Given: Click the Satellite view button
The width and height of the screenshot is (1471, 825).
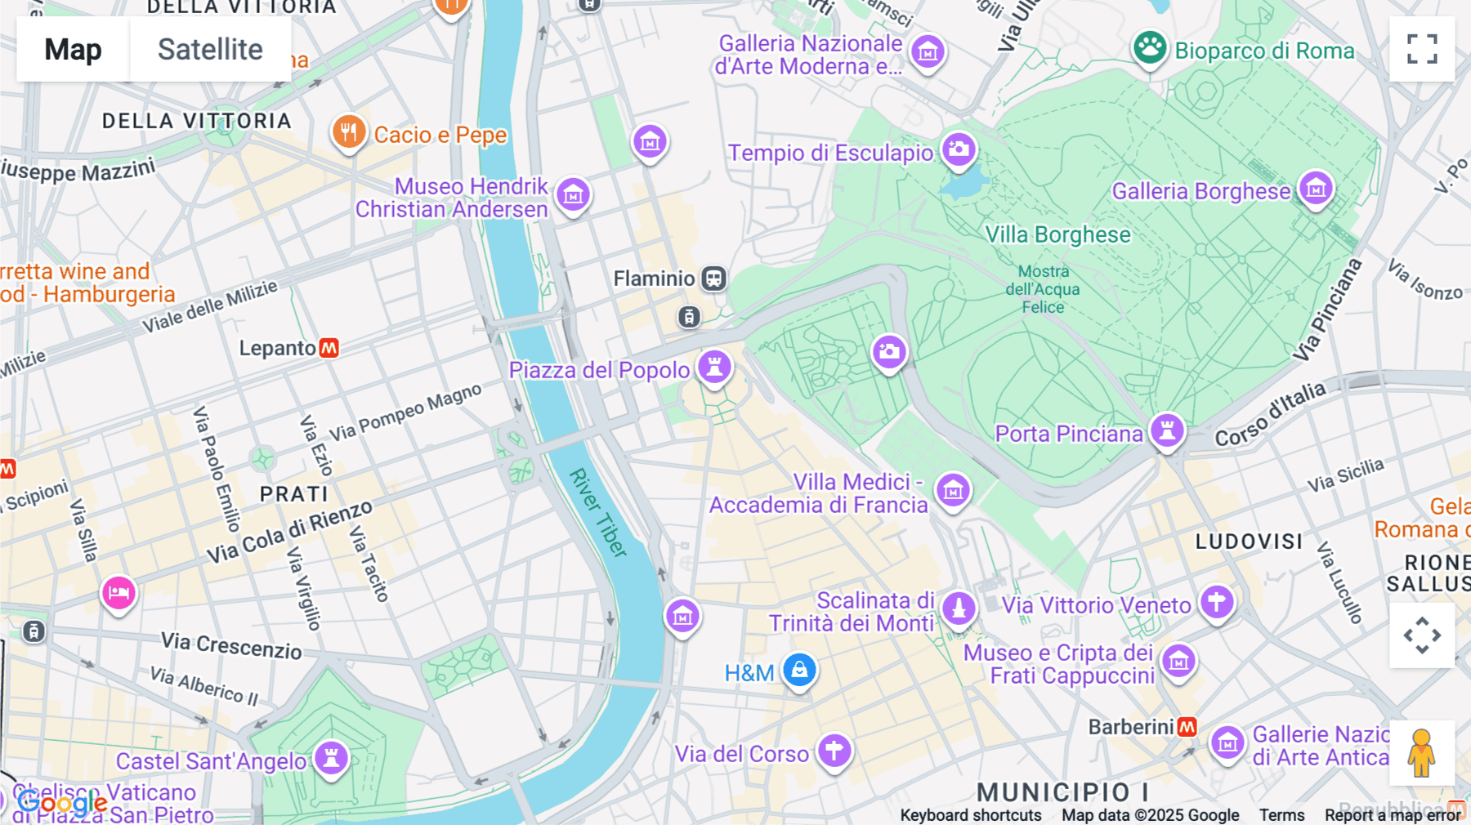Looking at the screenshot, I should (x=210, y=49).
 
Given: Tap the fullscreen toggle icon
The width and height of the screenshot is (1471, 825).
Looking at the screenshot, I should (x=1422, y=49).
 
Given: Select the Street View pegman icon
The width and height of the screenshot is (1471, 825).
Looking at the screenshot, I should (x=1422, y=752).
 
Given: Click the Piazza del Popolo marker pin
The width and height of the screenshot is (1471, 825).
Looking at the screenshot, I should (x=714, y=367).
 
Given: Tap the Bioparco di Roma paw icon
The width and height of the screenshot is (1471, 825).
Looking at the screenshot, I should (x=1150, y=48).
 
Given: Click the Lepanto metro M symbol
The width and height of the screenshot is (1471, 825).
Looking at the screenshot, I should (x=329, y=348).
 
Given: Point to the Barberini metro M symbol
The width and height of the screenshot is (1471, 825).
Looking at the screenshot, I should (x=1187, y=726).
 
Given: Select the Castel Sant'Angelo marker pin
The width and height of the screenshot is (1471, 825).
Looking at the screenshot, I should (x=332, y=757).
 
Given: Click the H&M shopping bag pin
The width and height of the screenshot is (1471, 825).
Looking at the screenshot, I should (x=799, y=670).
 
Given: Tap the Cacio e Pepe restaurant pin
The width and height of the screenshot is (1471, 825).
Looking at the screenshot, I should (x=349, y=132).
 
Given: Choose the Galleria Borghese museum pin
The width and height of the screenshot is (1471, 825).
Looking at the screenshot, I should (x=1316, y=189).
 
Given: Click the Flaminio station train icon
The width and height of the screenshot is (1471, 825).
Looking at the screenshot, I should (x=713, y=279).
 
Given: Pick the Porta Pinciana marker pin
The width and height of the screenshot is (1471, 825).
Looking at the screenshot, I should (x=1167, y=430).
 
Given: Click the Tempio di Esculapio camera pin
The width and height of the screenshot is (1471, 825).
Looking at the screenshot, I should (x=959, y=149).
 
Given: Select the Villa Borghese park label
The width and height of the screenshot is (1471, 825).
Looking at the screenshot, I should (x=1057, y=235).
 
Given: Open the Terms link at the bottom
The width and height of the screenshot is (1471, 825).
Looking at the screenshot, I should (x=1281, y=815).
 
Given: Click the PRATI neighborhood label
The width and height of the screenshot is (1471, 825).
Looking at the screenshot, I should (x=294, y=494).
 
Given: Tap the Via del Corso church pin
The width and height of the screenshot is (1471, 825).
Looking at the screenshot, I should (x=834, y=750).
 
